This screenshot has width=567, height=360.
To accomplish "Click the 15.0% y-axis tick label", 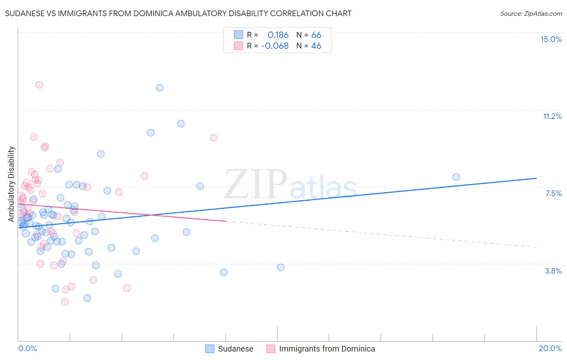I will pos(551,39).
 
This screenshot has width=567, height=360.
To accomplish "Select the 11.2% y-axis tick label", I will pos(552,116).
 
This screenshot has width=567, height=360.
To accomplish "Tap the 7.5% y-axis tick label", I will pos(553,193).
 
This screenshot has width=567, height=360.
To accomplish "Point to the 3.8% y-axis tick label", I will pos(553,271).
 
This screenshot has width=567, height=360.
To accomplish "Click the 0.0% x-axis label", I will pos(27,348).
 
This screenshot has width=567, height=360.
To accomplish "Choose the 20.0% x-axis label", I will pos(550,348).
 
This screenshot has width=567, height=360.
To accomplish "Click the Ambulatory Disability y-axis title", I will pos(11,184).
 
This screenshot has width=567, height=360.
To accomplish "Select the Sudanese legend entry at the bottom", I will pos(236,349).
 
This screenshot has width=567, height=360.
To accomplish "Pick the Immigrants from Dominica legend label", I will pos(327,349).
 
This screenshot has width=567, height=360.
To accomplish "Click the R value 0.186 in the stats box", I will pos(278,35).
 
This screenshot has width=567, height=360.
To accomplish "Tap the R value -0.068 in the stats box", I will pos(275,46).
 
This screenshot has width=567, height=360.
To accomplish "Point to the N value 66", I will pos(316,35).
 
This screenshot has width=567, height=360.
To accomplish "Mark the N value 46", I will pos(316,46).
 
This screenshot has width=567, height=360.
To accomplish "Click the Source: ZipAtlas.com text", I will pos(531,14).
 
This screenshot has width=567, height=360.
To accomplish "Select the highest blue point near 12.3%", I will pos(160,88).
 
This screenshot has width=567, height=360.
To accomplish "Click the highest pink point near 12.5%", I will pos(39,85).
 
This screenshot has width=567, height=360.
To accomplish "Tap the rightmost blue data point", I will pos(456,177).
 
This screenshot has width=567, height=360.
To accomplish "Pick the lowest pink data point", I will pos(65,301).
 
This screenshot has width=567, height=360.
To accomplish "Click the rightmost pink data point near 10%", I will pos(214,138).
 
